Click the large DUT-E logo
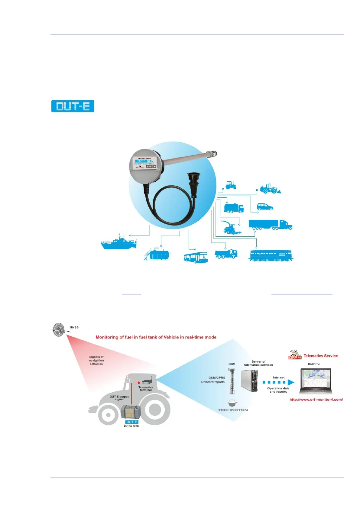tap(73, 106)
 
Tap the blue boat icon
tap(119, 243)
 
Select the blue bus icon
tap(196, 258)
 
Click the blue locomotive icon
tap(271, 255)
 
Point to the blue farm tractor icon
tap(231, 185)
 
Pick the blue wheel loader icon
tap(270, 188)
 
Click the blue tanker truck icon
tap(233, 208)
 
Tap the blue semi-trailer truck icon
tap(270, 225)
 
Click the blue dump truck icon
tap(226, 254)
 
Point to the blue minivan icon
tap(265, 207)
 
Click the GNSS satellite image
tap(59, 329)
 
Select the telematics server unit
tap(250, 381)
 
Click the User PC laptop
tap(316, 381)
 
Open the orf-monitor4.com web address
tap(316, 400)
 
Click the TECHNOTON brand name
tap(233, 410)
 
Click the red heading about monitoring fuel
tap(156, 337)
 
